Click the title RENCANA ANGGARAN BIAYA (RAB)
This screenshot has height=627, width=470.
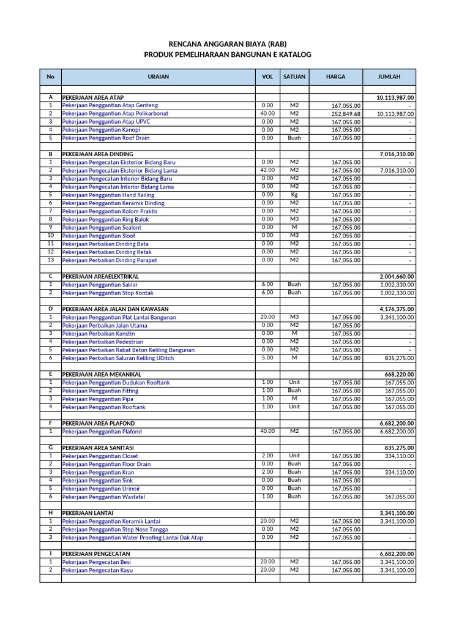[x=228, y=44]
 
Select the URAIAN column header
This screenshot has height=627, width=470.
[x=158, y=77]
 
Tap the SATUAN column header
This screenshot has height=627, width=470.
[x=294, y=77]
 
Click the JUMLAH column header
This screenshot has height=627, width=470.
[x=389, y=77]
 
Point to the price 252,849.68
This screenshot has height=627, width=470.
[x=346, y=114]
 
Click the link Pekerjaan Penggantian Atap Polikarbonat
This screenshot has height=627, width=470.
[x=115, y=114]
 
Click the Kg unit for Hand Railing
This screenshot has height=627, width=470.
[x=294, y=195]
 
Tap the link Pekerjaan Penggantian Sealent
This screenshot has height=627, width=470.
[x=102, y=228]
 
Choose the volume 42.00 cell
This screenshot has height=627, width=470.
[x=267, y=170]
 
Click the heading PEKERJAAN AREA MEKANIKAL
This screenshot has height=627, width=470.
[x=102, y=374]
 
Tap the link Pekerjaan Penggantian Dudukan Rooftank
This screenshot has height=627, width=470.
[x=116, y=383]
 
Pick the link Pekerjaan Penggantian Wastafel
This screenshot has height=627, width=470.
[x=103, y=497]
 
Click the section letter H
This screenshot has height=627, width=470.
[x=50, y=512]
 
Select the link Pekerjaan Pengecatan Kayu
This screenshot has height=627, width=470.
[x=97, y=570]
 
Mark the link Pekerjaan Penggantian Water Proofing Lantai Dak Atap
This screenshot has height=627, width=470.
[x=132, y=538]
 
